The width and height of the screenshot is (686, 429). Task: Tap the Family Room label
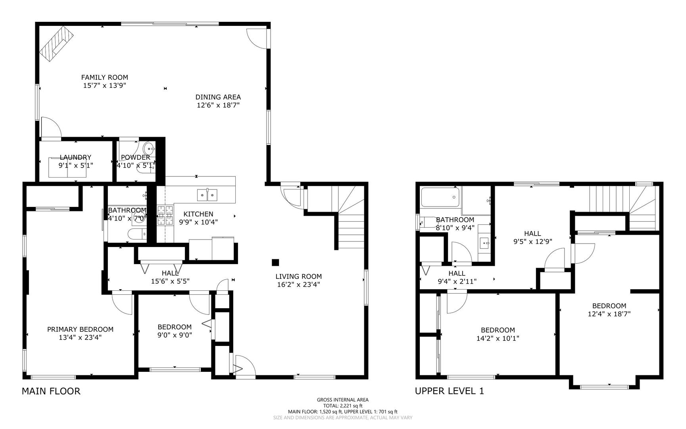pos(105,77)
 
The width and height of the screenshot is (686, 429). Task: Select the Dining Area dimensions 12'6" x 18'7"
pos(218,105)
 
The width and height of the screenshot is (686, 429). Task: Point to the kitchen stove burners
pos(165,215)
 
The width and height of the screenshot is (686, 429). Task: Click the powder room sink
pos(150,149)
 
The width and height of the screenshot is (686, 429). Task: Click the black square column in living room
pos(275,262)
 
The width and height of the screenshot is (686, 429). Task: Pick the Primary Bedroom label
pos(80,329)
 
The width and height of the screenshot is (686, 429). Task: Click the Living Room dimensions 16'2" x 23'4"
pos(298,284)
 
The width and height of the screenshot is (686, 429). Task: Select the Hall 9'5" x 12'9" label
pos(532,237)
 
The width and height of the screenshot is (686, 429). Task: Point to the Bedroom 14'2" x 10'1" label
pos(498,334)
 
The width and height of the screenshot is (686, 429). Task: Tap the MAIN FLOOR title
pos(51,391)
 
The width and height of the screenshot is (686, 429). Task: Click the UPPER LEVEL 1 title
pos(449,391)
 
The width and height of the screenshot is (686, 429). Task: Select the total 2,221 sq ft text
pos(343,406)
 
